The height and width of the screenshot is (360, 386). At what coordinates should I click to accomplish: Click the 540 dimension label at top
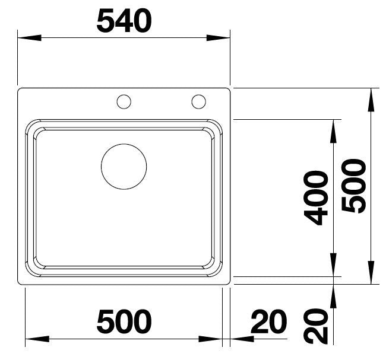pyautogui.click(x=124, y=22)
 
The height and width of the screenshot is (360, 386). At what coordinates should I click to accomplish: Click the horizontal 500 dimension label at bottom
pyautogui.click(x=124, y=322)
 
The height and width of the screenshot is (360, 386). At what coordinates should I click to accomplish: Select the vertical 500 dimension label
pyautogui.click(x=354, y=185)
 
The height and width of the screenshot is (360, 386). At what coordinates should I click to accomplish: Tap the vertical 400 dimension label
pyautogui.click(x=316, y=197)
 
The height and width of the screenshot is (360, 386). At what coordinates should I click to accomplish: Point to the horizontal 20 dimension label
pyautogui.click(x=268, y=322)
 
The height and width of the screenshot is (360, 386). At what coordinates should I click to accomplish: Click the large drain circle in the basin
pyautogui.click(x=124, y=167)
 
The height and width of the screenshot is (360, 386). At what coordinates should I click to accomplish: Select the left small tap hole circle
pyautogui.click(x=124, y=101)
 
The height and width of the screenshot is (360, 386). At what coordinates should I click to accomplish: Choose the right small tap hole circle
pyautogui.click(x=198, y=101)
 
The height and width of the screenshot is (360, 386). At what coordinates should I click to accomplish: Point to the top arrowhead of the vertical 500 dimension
pyautogui.click(x=372, y=99)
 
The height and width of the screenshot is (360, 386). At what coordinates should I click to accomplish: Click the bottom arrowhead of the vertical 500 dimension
pyautogui.click(x=372, y=273)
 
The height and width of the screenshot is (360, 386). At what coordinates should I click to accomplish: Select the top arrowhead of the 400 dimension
pyautogui.click(x=334, y=130)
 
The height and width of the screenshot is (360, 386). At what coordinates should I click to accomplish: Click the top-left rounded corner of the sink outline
pyautogui.click(x=21, y=91)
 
